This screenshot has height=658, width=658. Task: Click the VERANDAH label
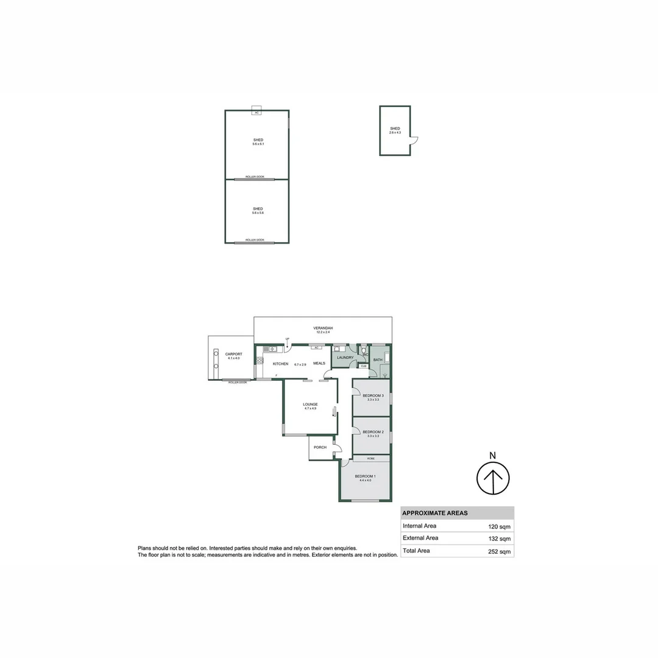click(x=324, y=328)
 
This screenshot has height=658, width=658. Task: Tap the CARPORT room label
click(x=233, y=354)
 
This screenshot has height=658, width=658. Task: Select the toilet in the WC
click(x=363, y=352)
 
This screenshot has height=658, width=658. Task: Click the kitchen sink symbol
click(x=271, y=349)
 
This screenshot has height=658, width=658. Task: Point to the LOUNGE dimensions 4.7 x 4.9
click(x=311, y=408)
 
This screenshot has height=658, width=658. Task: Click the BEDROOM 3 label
click(x=373, y=395)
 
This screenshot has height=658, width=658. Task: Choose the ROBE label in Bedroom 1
click(x=370, y=458)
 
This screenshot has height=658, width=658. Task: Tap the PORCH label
click(x=320, y=447)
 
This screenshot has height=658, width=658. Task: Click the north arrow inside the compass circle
click(x=493, y=478)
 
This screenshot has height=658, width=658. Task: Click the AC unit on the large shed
click(x=257, y=112)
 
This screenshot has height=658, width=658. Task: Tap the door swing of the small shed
click(x=414, y=141)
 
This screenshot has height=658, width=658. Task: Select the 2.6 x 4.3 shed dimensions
click(x=395, y=132)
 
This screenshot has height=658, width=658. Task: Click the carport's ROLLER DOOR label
click(x=238, y=382)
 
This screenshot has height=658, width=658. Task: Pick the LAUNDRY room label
click(x=345, y=358)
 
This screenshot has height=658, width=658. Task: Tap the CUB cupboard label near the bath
click(x=363, y=366)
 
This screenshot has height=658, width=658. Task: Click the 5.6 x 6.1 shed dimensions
click(x=258, y=144)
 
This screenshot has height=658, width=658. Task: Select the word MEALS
click(x=319, y=364)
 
